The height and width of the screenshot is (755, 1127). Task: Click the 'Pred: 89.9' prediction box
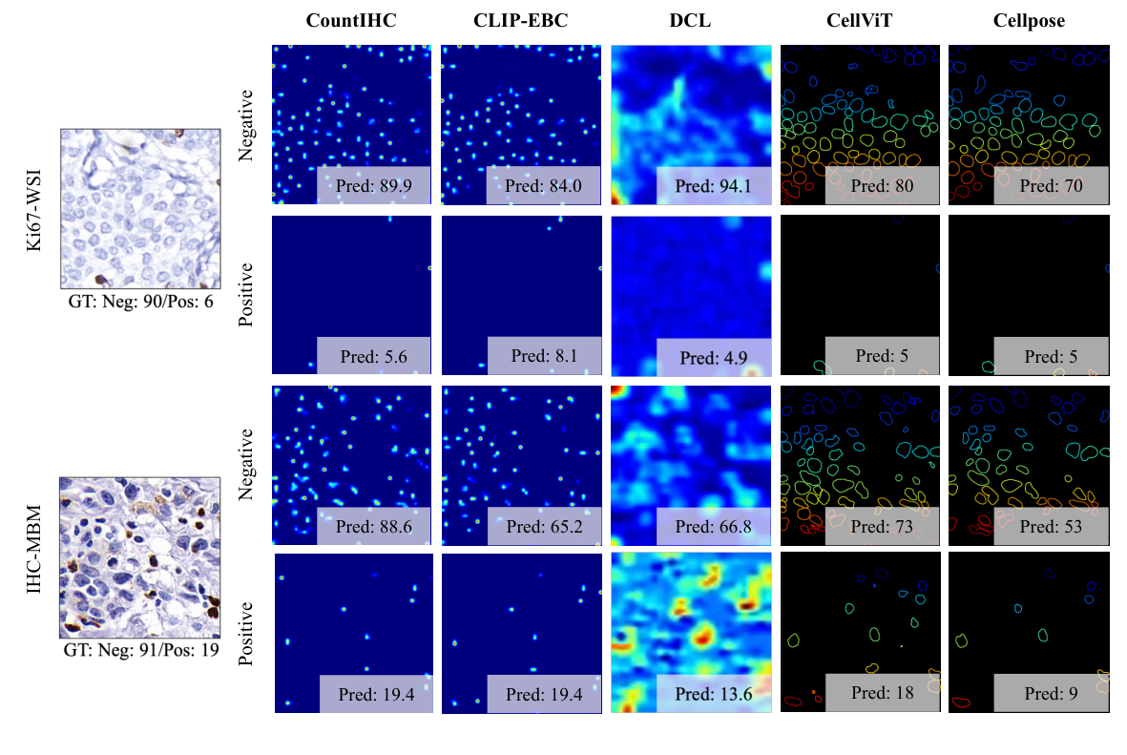[375, 186]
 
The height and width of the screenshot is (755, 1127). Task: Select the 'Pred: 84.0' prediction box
[543, 186]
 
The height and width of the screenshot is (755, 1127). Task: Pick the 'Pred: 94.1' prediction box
[714, 186]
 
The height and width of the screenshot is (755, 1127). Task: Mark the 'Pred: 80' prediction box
[884, 186]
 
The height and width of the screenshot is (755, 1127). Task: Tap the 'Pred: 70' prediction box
[1052, 186]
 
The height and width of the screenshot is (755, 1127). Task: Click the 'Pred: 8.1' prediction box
[543, 356]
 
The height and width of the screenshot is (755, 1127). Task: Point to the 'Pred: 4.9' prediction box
[714, 358]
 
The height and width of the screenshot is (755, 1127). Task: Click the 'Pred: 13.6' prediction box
[714, 695]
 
